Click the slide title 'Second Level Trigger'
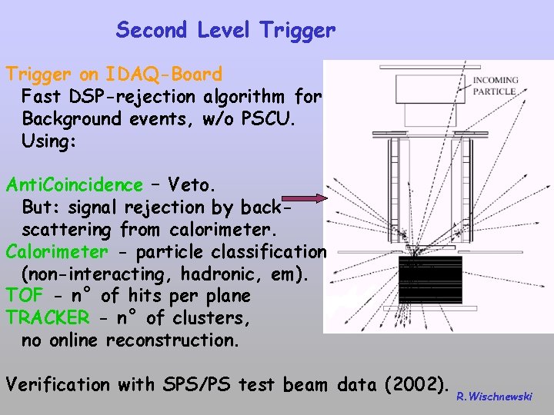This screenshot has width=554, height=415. pyautogui.click(x=225, y=30)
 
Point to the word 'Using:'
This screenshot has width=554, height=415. pyautogui.click(x=51, y=141)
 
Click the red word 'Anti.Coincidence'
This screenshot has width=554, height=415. pyautogui.click(x=74, y=185)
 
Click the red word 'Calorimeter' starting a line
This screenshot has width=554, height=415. pyautogui.click(x=57, y=252)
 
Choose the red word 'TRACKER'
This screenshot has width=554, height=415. pyautogui.click(x=47, y=318)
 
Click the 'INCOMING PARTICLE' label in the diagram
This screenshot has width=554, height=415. pyautogui.click(x=495, y=85)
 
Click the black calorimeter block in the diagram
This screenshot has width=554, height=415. pyautogui.click(x=430, y=279)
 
